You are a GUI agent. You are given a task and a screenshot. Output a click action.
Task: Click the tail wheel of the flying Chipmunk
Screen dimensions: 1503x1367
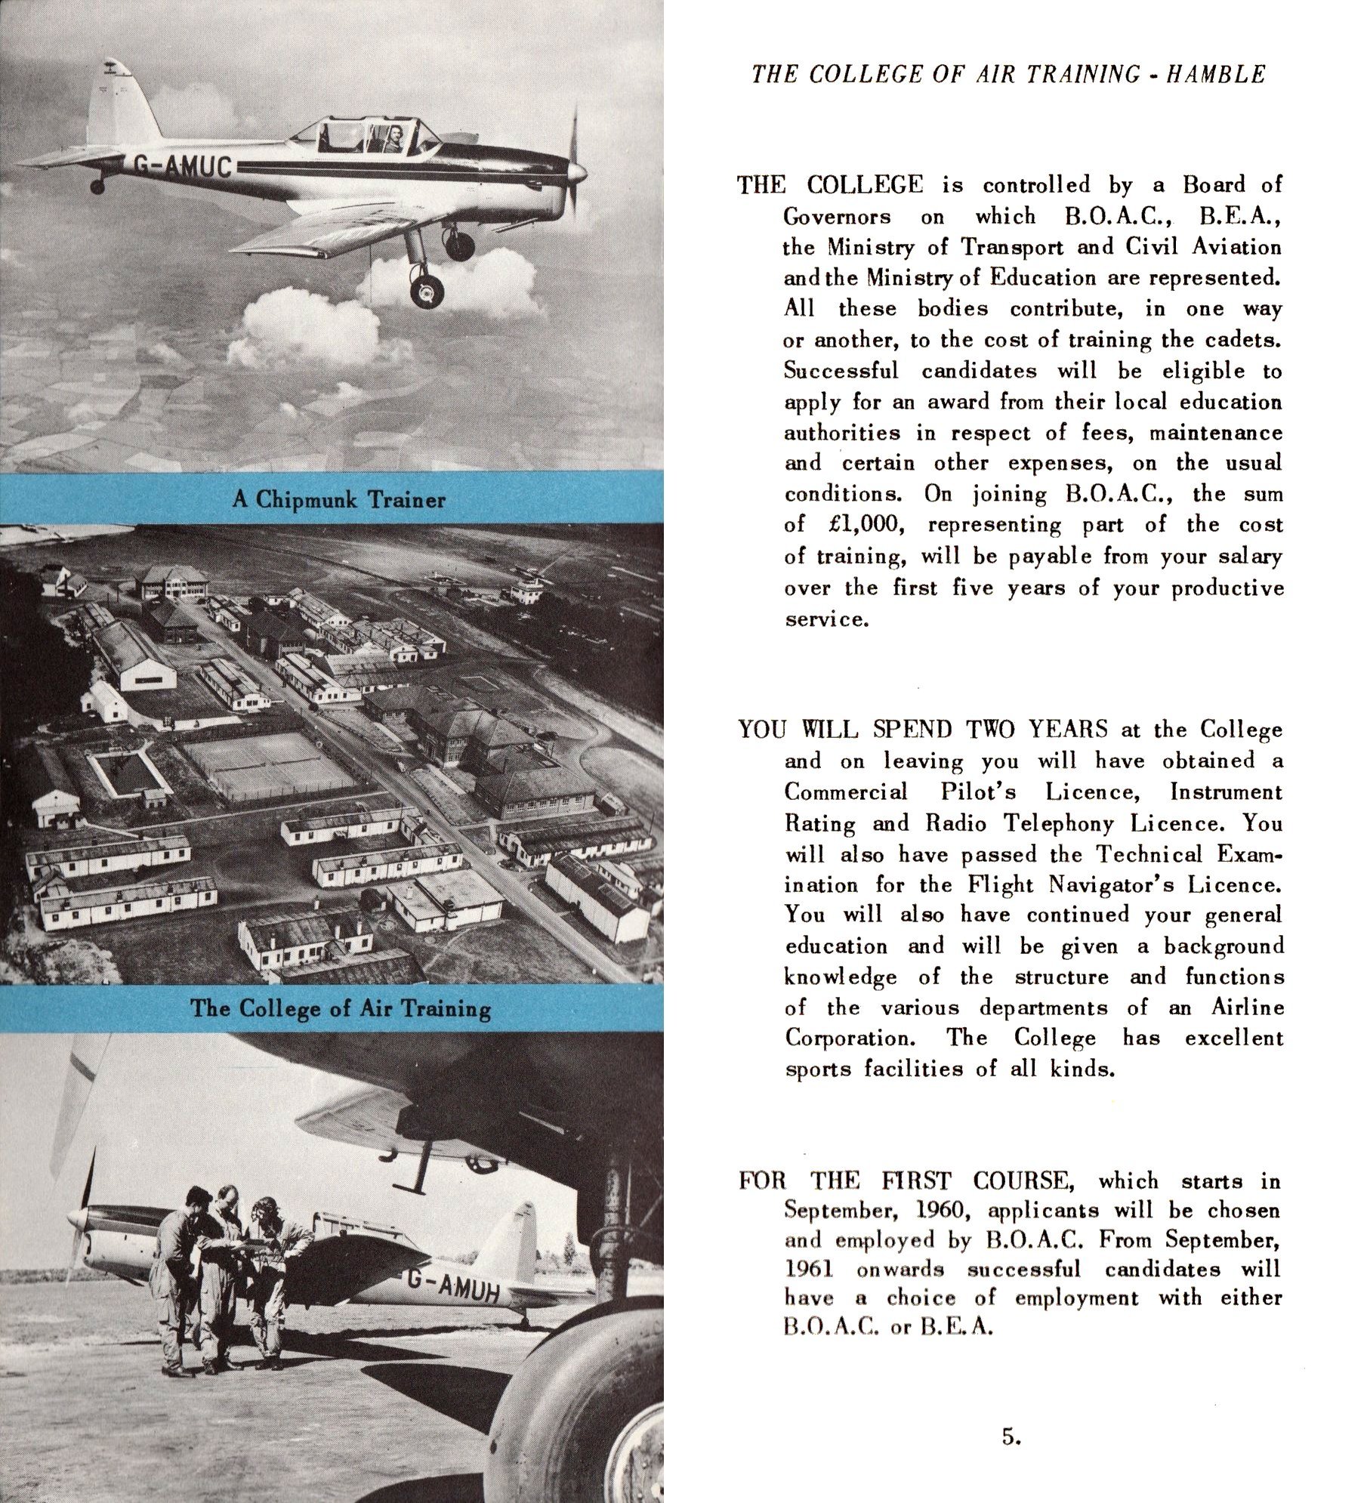point(97,185)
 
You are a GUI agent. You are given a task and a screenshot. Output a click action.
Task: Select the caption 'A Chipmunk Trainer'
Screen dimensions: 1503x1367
point(339,499)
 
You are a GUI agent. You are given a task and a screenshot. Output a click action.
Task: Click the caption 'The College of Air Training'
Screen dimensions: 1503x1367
point(340,1008)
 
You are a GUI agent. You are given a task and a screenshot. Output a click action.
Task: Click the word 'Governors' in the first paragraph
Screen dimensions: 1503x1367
point(837,218)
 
